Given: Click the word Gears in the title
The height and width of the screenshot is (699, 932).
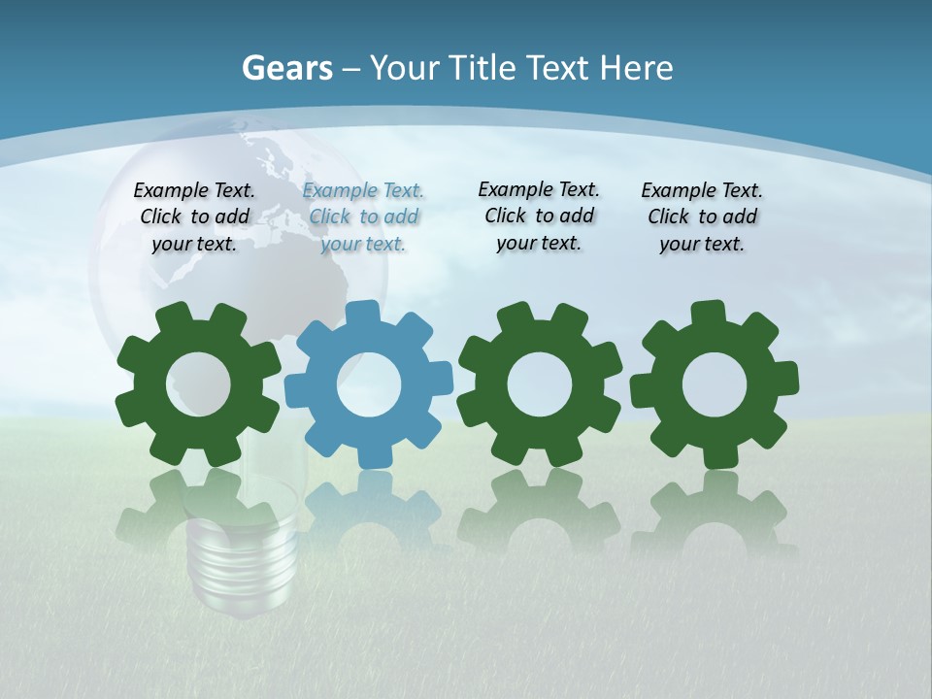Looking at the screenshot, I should (x=286, y=68).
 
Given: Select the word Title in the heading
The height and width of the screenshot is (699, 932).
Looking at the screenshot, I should (x=484, y=68).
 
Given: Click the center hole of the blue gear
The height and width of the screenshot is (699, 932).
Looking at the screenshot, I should (x=369, y=385).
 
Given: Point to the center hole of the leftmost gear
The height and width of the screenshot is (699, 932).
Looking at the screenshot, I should (x=198, y=385).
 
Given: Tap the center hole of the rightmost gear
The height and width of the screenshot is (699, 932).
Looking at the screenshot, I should (x=715, y=384).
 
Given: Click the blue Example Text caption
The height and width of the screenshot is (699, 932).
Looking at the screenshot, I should (x=363, y=216).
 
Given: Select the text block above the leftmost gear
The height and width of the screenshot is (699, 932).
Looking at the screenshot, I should (x=194, y=216).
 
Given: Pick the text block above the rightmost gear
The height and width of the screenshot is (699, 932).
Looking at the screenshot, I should (x=702, y=216).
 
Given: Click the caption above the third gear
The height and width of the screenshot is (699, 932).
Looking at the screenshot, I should (x=539, y=216).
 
